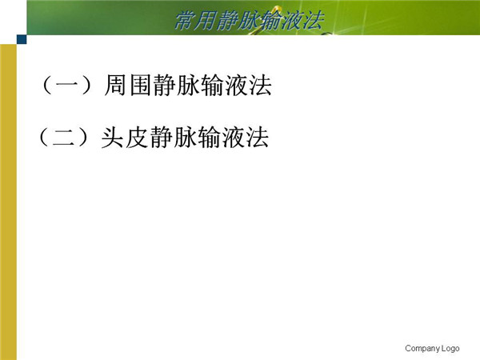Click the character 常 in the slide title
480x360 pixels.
(185, 21)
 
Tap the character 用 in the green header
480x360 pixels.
(205, 21)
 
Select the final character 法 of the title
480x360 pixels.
(313, 21)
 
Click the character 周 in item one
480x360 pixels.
(114, 85)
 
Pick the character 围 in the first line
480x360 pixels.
(139, 85)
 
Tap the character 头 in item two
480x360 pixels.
(112, 137)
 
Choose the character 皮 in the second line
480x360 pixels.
(137, 137)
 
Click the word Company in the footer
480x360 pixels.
(422, 348)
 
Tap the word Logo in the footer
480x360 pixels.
(450, 348)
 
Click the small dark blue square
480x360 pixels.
(22, 39)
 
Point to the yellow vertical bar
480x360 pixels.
(8, 202)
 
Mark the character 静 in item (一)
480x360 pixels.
(163, 85)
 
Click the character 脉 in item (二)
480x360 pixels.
(186, 137)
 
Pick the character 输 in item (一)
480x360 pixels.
(213, 85)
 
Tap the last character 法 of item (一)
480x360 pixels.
(261, 85)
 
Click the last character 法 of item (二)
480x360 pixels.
(258, 137)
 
